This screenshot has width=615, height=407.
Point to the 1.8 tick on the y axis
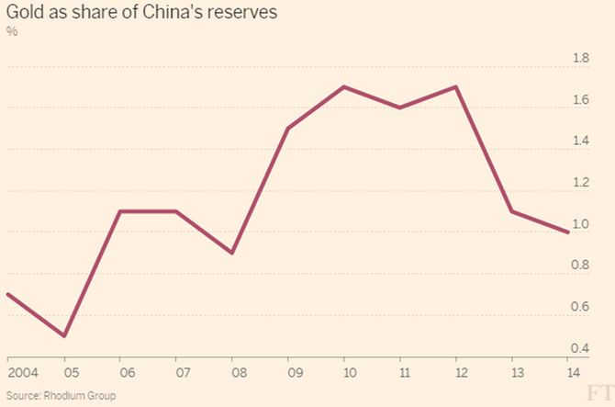pos(581,59)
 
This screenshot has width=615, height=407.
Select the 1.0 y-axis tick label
pos(581,224)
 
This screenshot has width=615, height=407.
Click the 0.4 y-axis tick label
pos(581,348)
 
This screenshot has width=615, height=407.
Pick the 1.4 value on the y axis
pos(581,141)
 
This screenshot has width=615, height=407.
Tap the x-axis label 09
pos(288,372)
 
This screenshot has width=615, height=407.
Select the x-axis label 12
pos(456,372)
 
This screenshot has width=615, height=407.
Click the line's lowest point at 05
pos(63,335)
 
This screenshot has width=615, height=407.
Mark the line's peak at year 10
pos(344,87)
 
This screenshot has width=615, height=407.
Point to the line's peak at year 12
pos(456,87)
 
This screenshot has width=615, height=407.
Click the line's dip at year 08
pos(232,253)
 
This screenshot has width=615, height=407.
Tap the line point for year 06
pos(120,211)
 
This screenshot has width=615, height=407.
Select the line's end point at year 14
pos(569,232)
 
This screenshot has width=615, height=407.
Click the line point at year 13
pos(512,211)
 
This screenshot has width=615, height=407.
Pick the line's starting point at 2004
pos(7,294)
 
